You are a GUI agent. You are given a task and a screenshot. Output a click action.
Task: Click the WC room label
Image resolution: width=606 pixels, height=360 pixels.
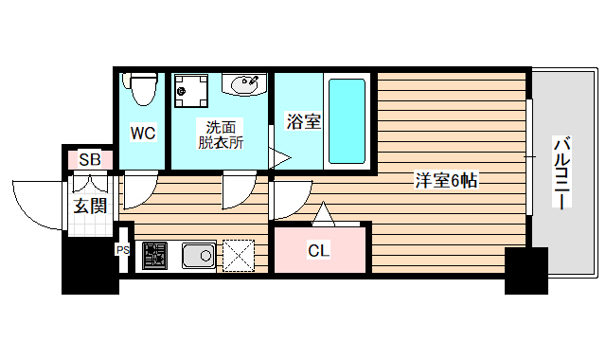coord(143,134)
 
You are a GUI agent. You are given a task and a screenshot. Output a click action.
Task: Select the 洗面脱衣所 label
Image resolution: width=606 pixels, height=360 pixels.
coord(221,135)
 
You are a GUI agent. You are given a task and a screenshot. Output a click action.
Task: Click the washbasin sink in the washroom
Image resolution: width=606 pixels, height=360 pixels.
coord(245,85)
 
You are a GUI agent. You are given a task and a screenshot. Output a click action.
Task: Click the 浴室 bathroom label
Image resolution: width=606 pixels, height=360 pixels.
coord(302,122)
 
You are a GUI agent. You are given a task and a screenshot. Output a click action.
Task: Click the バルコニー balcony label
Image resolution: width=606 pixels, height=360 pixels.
coord(561,174)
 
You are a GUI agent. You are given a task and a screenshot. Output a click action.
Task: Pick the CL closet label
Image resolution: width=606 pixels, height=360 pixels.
coord(318,250)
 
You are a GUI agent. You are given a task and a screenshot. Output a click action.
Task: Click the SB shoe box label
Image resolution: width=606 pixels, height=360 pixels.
coord(90,159)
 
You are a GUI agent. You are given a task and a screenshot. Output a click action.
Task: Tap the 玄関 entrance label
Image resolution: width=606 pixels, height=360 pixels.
coord(90,206)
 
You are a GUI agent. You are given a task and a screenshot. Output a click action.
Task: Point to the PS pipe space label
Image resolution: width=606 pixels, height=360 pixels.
coord(122,250)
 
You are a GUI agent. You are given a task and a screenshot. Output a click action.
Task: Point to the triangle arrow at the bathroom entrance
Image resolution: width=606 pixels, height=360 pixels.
coord(278,159)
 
